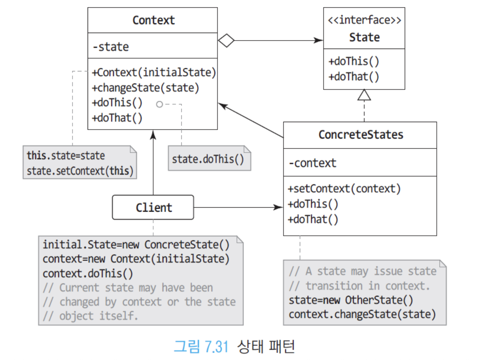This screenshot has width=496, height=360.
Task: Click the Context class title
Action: pyautogui.click(x=153, y=20)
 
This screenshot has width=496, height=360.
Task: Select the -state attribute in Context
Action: pyautogui.click(x=111, y=47)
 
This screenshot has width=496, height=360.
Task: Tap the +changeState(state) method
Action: pyautogui.click(x=145, y=88)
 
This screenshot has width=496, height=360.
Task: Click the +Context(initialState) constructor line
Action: pyautogui.click(x=154, y=72)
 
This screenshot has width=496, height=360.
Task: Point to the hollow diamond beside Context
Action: pyautogui.click(x=226, y=40)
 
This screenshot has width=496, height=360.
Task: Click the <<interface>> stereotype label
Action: pyautogui.click(x=364, y=20)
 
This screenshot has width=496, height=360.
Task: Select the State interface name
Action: pyautogui.click(x=364, y=37)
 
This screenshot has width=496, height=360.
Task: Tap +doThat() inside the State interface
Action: pyautogui.click(x=354, y=77)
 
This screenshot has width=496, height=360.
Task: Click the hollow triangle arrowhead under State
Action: pyautogui.click(x=364, y=95)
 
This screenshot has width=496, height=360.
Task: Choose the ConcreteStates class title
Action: pyautogui.click(x=361, y=135)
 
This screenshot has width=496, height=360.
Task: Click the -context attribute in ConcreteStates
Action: pyautogui.click(x=312, y=163)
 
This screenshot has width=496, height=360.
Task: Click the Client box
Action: pyautogui.click(x=153, y=207)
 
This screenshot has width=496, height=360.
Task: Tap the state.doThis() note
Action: pyautogui.click(x=208, y=159)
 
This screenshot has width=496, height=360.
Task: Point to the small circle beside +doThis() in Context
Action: pyautogui.click(x=159, y=104)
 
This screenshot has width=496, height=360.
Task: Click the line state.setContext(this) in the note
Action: pyautogui.click(x=80, y=171)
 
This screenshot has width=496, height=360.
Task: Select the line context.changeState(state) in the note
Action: pyautogui.click(x=362, y=314)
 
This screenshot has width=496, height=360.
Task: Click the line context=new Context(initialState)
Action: pyautogui.click(x=136, y=259)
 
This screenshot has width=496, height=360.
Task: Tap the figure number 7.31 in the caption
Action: pyautogui.click(x=216, y=347)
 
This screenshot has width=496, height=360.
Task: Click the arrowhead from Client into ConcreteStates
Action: pyautogui.click(x=279, y=207)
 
